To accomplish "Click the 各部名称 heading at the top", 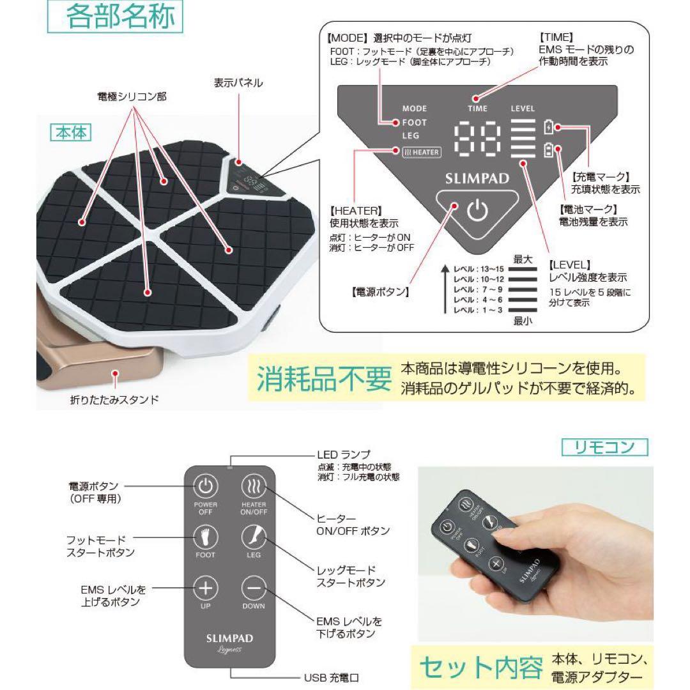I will (115, 17).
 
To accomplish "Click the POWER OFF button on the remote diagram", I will (204, 489).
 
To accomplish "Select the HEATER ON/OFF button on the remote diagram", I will (253, 489).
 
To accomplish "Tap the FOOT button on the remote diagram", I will (205, 538).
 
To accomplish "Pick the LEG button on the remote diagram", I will (254, 538).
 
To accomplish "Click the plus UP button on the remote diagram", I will (205, 588).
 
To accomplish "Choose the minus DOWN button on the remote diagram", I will (254, 588).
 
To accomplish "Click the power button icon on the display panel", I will (477, 210).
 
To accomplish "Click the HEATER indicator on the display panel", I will (421, 152).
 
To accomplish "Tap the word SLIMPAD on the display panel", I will (477, 178).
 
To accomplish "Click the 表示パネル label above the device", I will (238, 82).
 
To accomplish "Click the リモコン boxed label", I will (604, 447).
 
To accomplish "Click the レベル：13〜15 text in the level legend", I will (473, 268).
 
